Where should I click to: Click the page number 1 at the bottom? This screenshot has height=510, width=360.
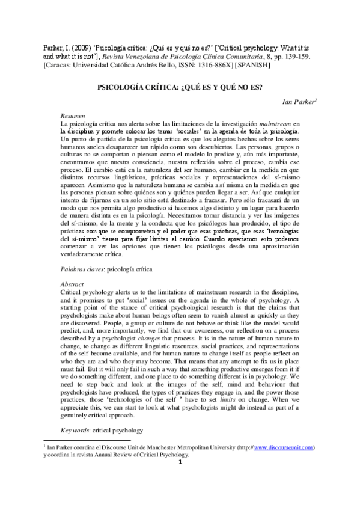(180, 479)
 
